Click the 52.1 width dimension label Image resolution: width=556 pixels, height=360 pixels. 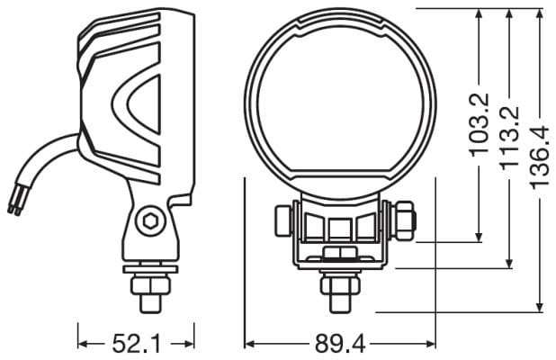(x=136, y=344)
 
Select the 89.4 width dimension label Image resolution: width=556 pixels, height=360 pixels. (x=340, y=344)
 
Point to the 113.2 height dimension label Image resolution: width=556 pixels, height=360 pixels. (x=509, y=138)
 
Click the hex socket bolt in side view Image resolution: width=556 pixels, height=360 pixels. (x=150, y=221)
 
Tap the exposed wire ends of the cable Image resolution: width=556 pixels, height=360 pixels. (x=14, y=203)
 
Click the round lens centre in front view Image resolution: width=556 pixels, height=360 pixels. (x=340, y=103)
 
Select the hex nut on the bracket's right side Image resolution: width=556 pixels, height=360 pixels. (x=404, y=220)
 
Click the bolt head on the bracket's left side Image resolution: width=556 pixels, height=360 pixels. (x=283, y=220)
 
